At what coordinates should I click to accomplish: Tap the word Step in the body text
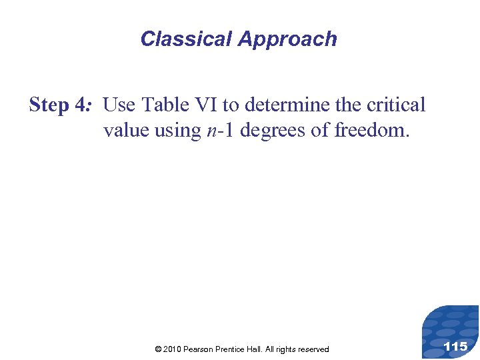click(49, 105)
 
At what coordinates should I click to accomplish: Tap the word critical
click(395, 105)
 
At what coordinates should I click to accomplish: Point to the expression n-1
click(218, 131)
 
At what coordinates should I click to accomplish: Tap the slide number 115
click(455, 346)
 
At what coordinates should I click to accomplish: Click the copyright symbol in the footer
click(158, 349)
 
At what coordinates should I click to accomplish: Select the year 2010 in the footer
click(172, 349)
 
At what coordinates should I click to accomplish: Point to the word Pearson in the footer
click(197, 349)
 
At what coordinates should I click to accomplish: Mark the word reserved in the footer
click(312, 349)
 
